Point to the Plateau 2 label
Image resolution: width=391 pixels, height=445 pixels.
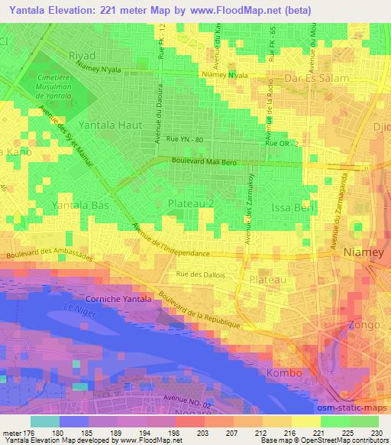[x=191, y=203]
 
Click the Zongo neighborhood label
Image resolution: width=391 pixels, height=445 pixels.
[x=364, y=326]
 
